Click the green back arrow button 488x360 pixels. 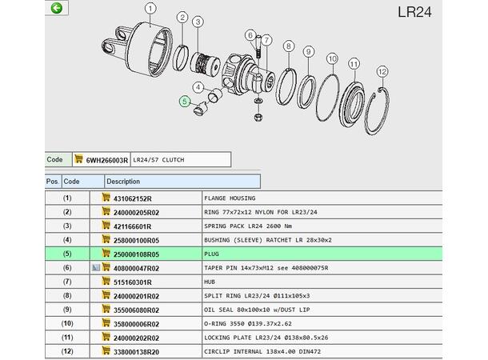click(56, 8)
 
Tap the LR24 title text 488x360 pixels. click(414, 12)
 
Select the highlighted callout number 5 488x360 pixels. click(185, 101)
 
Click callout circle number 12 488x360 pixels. click(382, 72)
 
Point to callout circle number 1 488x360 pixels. click(150, 9)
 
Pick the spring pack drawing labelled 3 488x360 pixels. click(205, 62)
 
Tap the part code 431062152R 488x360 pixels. click(132, 198)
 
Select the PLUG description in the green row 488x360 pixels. click(211, 254)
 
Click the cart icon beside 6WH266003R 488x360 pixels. click(78, 158)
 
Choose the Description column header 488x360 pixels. click(123, 182)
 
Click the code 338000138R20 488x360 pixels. click(136, 352)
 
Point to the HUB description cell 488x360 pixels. click(210, 282)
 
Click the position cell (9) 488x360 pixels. click(67, 310)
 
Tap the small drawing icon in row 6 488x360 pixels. click(96, 267)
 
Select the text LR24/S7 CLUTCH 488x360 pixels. click(158, 160)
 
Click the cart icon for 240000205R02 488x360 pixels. click(106, 211)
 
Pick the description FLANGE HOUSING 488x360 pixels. click(230, 198)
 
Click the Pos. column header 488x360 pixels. click(52, 182)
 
